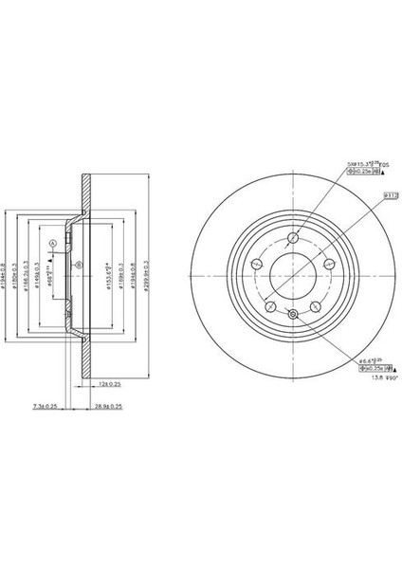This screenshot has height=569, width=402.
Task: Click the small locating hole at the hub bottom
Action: click(x=292, y=315)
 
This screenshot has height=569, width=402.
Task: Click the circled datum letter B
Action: click(x=79, y=265)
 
